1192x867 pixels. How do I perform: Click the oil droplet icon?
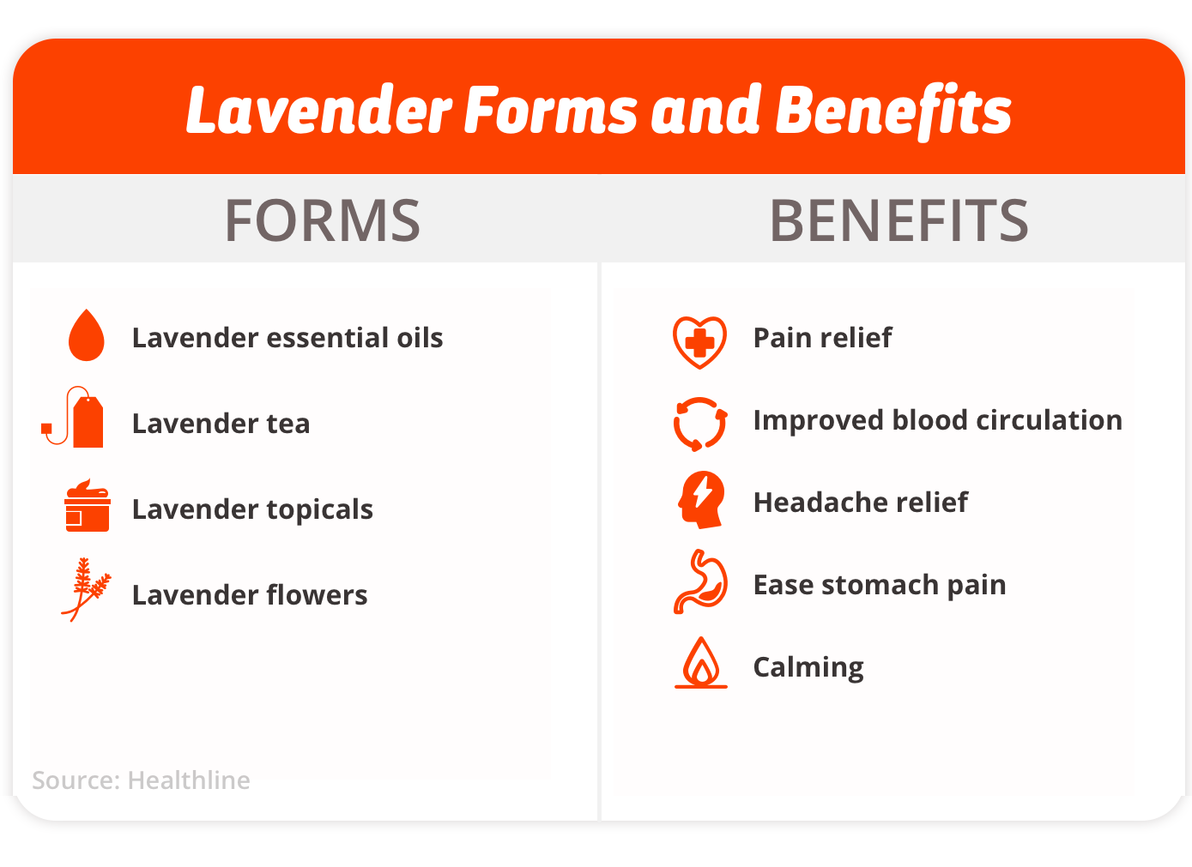(x=86, y=335)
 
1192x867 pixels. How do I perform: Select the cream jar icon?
(x=88, y=505)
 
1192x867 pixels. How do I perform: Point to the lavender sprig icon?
(x=86, y=589)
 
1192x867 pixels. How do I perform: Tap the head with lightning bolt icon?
(x=701, y=499)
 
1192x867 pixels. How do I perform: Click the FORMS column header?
(x=323, y=220)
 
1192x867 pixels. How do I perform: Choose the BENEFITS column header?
(x=899, y=220)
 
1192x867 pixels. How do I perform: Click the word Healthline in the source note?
(x=189, y=780)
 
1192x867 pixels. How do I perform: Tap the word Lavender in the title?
(x=318, y=110)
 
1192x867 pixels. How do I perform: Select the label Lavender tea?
(x=221, y=424)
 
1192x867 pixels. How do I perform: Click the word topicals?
(x=320, y=510)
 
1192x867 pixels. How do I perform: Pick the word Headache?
(x=821, y=503)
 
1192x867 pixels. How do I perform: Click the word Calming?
(x=808, y=668)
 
